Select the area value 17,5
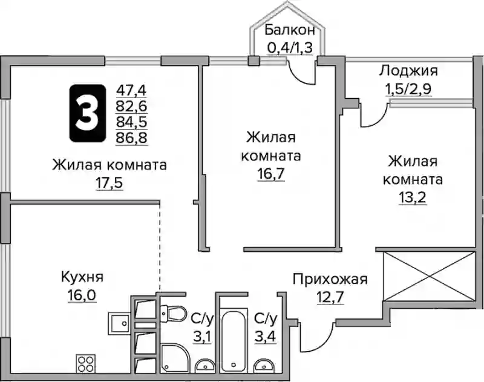click(110, 182)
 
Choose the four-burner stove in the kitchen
click(85, 364)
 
